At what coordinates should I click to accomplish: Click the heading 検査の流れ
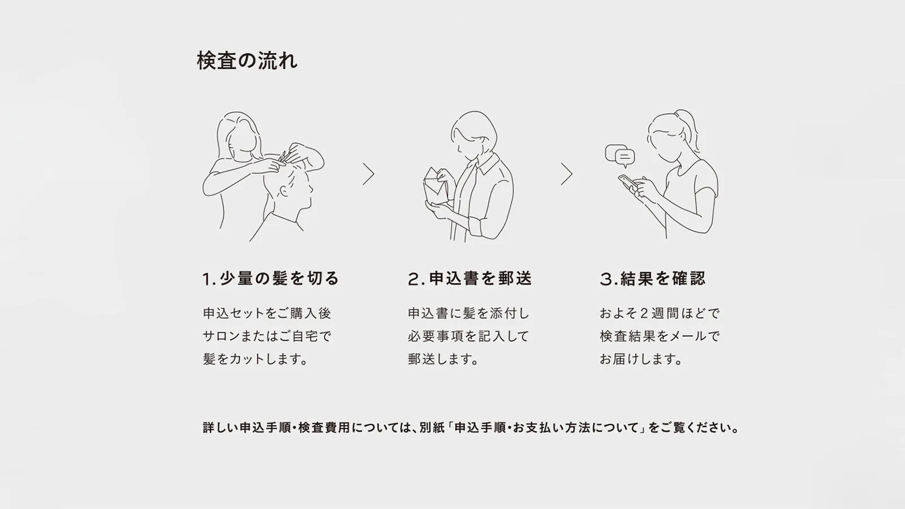247,61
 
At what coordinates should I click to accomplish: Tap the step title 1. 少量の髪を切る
270,278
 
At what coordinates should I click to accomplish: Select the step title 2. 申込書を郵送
470,278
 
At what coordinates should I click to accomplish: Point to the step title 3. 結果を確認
653,278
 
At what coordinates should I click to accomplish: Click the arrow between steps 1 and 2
368,174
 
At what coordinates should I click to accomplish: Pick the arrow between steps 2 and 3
567,174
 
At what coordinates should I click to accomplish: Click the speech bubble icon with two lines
624,157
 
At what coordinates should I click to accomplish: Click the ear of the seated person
283,191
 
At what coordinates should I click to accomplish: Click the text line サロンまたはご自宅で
267,336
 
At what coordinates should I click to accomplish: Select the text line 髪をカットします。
256,359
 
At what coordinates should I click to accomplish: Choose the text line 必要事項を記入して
468,336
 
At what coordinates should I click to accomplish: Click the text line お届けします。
641,359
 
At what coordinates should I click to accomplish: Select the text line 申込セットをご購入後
267,313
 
